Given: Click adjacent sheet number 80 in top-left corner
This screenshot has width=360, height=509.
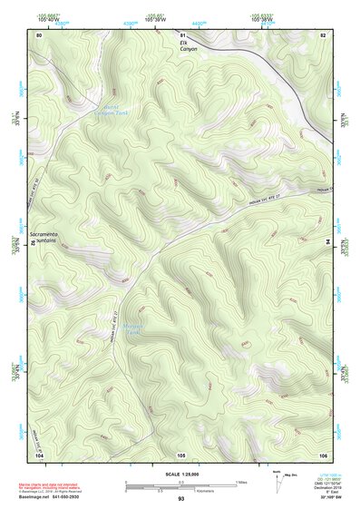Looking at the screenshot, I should (38, 34).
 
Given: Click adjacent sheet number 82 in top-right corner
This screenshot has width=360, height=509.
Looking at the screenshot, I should (323, 34).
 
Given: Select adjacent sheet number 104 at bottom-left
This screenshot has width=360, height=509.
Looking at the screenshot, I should (38, 453).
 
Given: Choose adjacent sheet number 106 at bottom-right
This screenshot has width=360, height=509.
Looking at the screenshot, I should (323, 453).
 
